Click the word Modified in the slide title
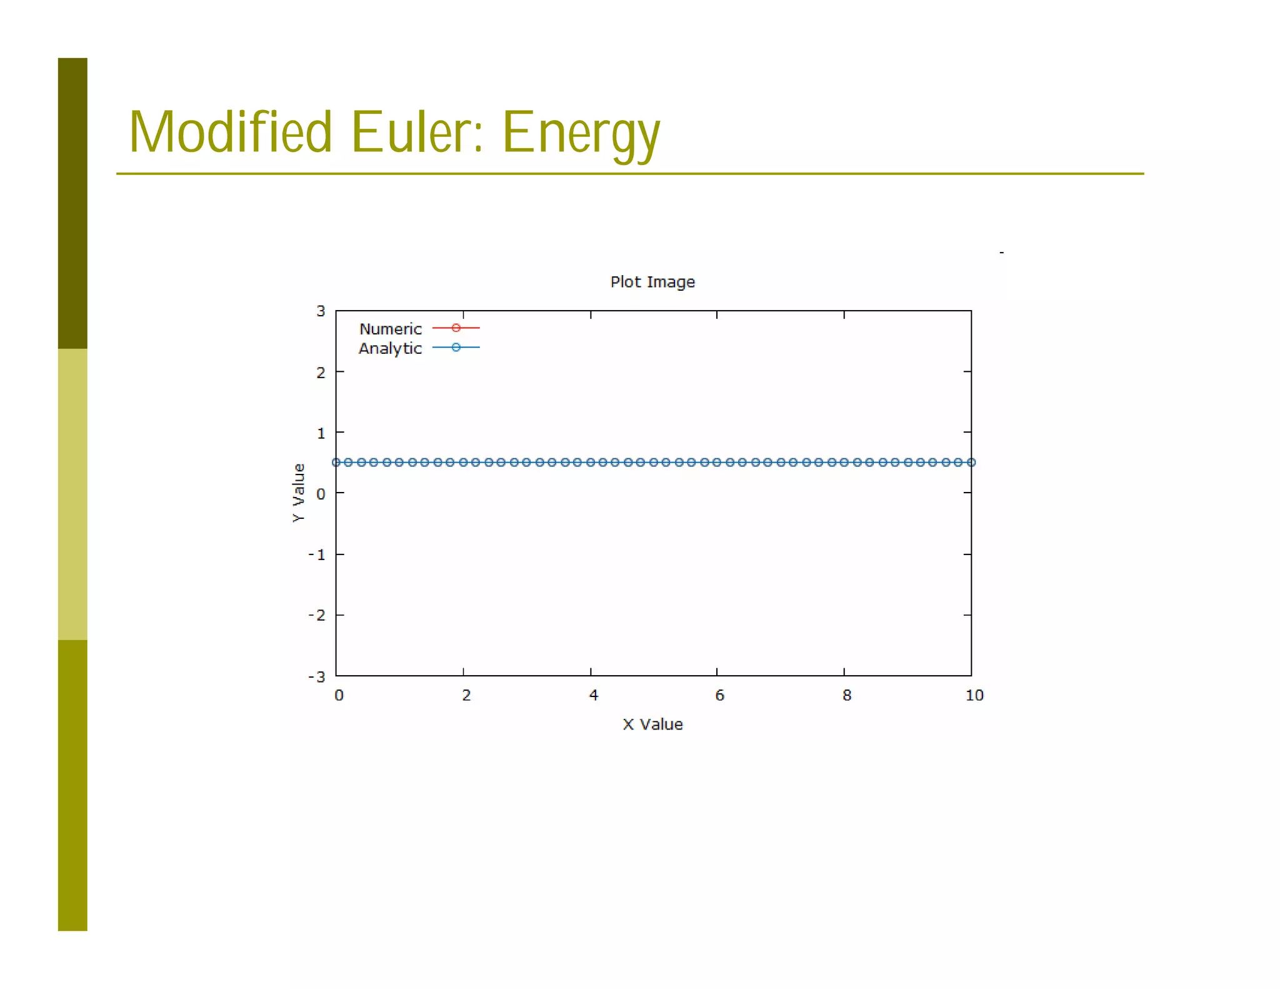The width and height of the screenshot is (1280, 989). coord(230,132)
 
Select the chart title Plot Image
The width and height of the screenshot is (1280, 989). coord(652,282)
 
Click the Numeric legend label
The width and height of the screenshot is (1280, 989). coord(390,329)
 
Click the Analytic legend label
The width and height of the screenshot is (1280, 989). coord(390,348)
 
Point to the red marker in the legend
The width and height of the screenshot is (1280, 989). coord(456,328)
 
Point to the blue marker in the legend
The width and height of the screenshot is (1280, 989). coord(456,347)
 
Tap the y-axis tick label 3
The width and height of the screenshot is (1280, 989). coord(321,311)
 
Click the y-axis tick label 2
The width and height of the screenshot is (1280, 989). coord(321,373)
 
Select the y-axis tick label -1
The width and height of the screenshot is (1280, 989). coord(317,555)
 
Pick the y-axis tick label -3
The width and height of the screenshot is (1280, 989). coord(317,676)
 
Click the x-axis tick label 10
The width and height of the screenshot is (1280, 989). coord(974,695)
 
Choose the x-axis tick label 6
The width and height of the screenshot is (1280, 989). coord(719,695)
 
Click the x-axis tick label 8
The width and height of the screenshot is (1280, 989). coord(846,695)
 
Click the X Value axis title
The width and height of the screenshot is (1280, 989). coord(652,724)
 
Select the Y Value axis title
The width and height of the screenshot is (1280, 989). coord(299,493)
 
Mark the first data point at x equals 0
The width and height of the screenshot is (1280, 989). coord(336,463)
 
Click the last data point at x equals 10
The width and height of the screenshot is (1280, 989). coord(971,463)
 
